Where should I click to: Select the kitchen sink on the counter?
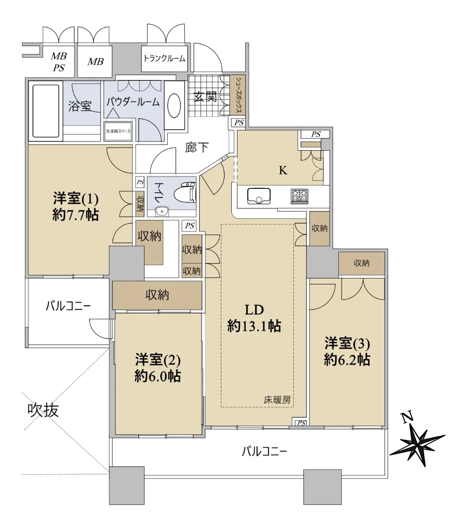pos(259,196)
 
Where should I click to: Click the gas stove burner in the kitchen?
pos(299,196)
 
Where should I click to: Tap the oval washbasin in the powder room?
pos(174,106)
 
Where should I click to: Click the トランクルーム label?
pos(165,58)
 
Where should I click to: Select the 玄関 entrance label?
pos(205,97)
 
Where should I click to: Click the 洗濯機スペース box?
pos(118,131)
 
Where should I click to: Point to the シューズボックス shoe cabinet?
pos(238,95)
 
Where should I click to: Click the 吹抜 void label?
pos(43,410)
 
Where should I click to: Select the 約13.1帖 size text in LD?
pos(254,327)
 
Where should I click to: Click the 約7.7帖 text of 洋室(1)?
pos(75,216)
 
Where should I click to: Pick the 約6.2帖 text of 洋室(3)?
pos(347,360)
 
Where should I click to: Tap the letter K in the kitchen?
pos(283,170)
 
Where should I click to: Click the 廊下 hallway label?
pos(197,148)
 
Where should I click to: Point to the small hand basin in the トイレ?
pos(162,211)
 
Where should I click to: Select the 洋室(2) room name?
pos(158,360)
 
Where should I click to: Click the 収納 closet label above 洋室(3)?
pos(362,263)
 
